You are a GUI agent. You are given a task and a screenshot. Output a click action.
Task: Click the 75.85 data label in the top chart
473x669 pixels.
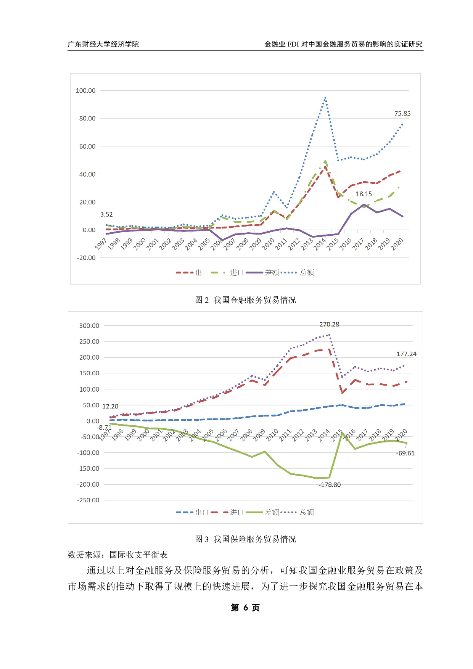click(x=402, y=113)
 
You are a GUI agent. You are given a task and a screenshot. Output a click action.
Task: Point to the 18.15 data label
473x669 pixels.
click(x=364, y=194)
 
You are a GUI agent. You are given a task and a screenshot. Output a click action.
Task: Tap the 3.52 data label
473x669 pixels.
click(x=106, y=214)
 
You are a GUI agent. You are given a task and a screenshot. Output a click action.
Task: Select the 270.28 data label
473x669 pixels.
click(x=329, y=324)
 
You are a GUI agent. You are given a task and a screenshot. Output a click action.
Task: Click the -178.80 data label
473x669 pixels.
click(x=330, y=485)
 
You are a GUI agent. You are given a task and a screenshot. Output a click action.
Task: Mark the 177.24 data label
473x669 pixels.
click(x=406, y=354)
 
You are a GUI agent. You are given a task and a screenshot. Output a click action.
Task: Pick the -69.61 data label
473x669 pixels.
click(x=405, y=453)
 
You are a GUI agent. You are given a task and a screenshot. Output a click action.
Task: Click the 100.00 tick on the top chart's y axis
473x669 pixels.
click(x=85, y=90)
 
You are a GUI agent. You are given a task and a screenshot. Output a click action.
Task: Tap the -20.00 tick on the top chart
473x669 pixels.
click(x=86, y=258)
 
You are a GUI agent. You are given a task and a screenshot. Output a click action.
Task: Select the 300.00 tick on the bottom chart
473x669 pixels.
click(x=89, y=326)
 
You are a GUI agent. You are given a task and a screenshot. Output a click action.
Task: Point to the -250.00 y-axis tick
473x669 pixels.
click(x=88, y=500)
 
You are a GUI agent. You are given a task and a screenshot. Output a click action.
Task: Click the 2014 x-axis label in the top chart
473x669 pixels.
click(x=320, y=244)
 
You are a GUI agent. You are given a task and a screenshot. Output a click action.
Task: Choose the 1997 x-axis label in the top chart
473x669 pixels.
click(x=101, y=244)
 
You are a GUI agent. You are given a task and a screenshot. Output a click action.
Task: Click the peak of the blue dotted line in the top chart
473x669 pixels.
click(x=325, y=98)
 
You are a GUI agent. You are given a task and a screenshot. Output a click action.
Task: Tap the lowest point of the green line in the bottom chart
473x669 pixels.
click(x=317, y=478)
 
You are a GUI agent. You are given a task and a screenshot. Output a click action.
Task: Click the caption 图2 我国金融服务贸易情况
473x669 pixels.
click(x=245, y=300)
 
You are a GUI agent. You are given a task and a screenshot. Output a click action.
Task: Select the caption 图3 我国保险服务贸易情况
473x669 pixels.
click(x=245, y=539)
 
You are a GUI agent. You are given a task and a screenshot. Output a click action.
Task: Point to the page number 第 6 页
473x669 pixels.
click(x=245, y=608)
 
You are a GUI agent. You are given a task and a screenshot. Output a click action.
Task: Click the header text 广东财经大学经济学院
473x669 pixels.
click(x=103, y=44)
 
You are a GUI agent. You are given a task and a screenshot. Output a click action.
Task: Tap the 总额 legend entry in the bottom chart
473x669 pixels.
click(x=306, y=512)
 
